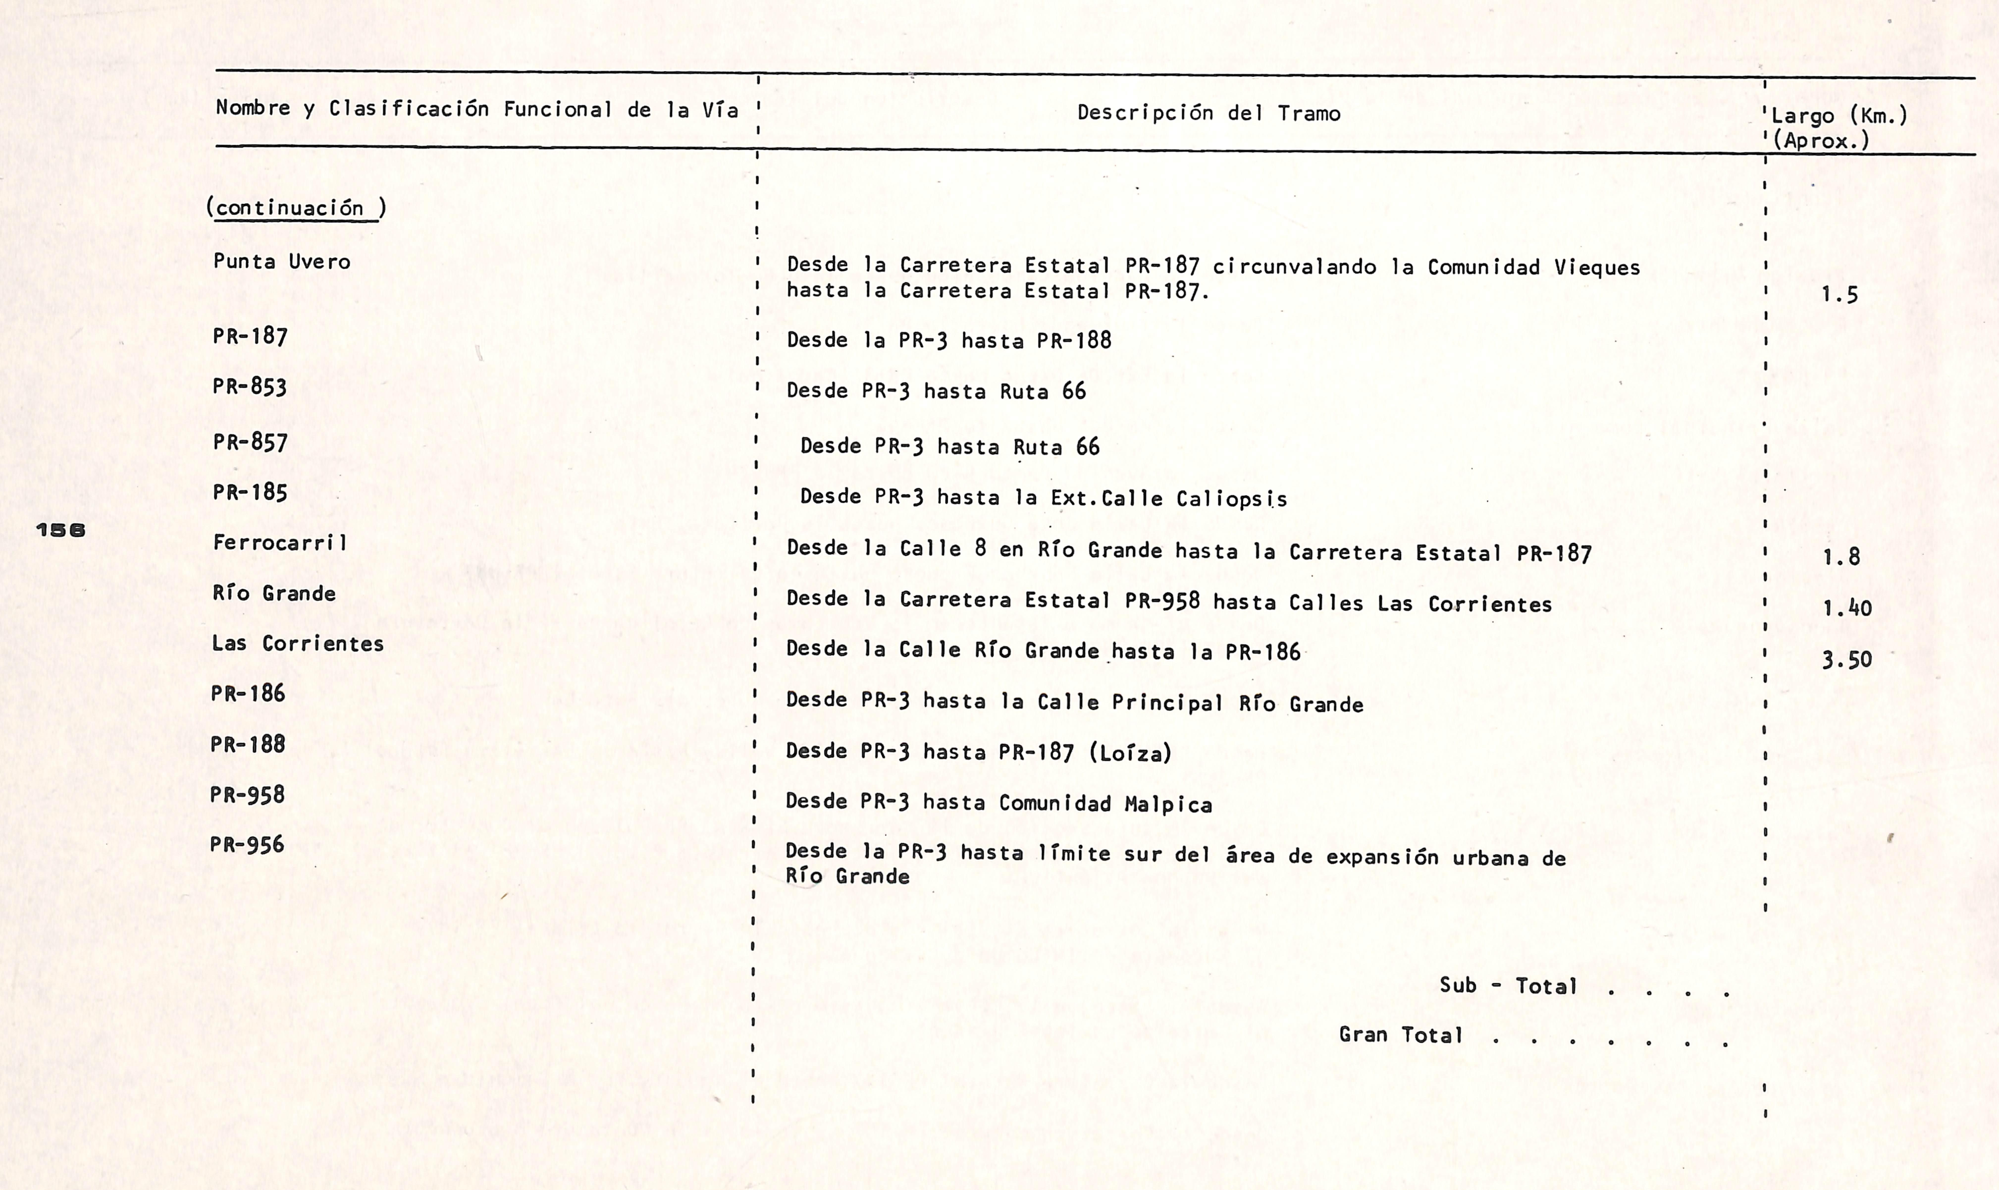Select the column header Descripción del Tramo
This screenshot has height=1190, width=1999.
pos(1208,113)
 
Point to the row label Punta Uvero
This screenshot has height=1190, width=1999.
pos(281,261)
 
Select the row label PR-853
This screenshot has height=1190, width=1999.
pos(249,386)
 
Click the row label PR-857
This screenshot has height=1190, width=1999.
pos(249,442)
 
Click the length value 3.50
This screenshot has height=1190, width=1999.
pos(1847,660)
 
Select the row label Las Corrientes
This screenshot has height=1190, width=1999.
pos(297,643)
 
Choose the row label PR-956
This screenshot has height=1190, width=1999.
pos(247,844)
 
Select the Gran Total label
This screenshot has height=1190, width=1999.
pos(1400,1034)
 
